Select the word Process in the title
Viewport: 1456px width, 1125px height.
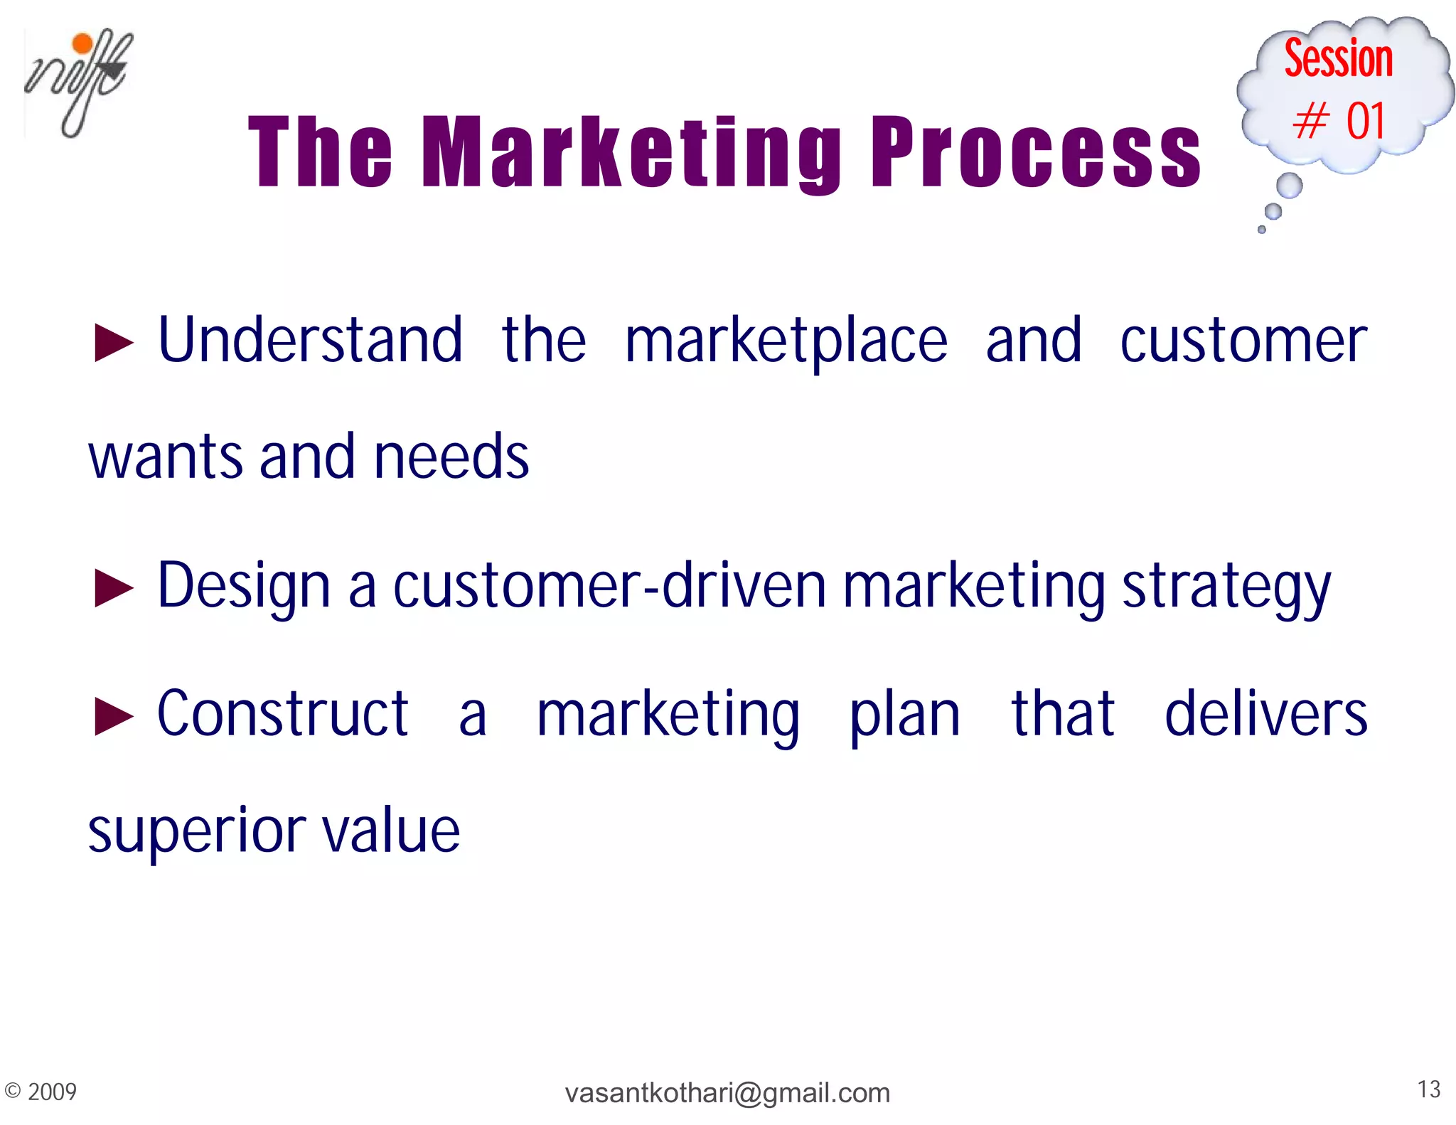click(1035, 153)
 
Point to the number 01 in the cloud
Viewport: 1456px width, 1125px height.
click(1366, 121)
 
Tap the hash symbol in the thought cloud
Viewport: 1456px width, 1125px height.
click(1310, 121)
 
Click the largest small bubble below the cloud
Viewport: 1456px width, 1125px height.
click(1289, 186)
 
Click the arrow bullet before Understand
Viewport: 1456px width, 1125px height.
click(114, 343)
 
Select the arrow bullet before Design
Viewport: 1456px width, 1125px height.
click(114, 589)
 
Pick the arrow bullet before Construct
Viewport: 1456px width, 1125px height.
click(114, 716)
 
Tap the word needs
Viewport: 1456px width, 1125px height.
click(451, 457)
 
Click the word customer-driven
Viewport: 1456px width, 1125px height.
click(609, 587)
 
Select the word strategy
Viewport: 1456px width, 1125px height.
click(1226, 589)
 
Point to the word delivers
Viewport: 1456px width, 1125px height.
click(1265, 714)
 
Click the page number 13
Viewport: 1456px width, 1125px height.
click(1428, 1089)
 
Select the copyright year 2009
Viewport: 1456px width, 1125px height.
click(52, 1092)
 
